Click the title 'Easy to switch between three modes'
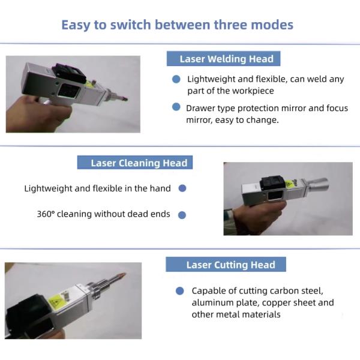[177, 25]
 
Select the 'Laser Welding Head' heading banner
[226, 59]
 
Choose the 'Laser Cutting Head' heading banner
[230, 265]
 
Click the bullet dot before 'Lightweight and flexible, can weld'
[176, 79]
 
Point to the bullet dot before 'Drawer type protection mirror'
[176, 107]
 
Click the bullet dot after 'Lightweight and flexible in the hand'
[182, 188]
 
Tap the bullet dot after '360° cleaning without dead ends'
[182, 214]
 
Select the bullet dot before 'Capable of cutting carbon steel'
[179, 291]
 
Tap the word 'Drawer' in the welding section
[200, 108]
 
